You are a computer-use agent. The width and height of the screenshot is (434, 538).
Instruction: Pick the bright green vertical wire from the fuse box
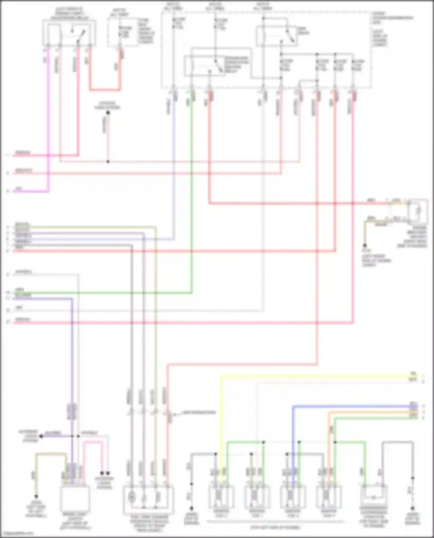click(x=191, y=202)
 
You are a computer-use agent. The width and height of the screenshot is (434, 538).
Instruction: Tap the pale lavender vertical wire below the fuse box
click(x=174, y=173)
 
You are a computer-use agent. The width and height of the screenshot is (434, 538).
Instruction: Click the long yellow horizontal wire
click(x=318, y=376)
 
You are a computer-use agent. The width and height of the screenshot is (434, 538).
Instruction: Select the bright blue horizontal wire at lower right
click(x=347, y=406)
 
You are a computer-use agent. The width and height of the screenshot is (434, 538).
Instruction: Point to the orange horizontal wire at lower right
click(x=370, y=412)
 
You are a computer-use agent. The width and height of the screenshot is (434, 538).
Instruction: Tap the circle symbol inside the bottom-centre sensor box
click(x=131, y=497)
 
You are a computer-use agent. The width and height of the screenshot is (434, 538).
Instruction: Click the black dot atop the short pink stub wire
click(x=108, y=113)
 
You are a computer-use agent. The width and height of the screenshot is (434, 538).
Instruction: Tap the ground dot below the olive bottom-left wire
click(x=36, y=496)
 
